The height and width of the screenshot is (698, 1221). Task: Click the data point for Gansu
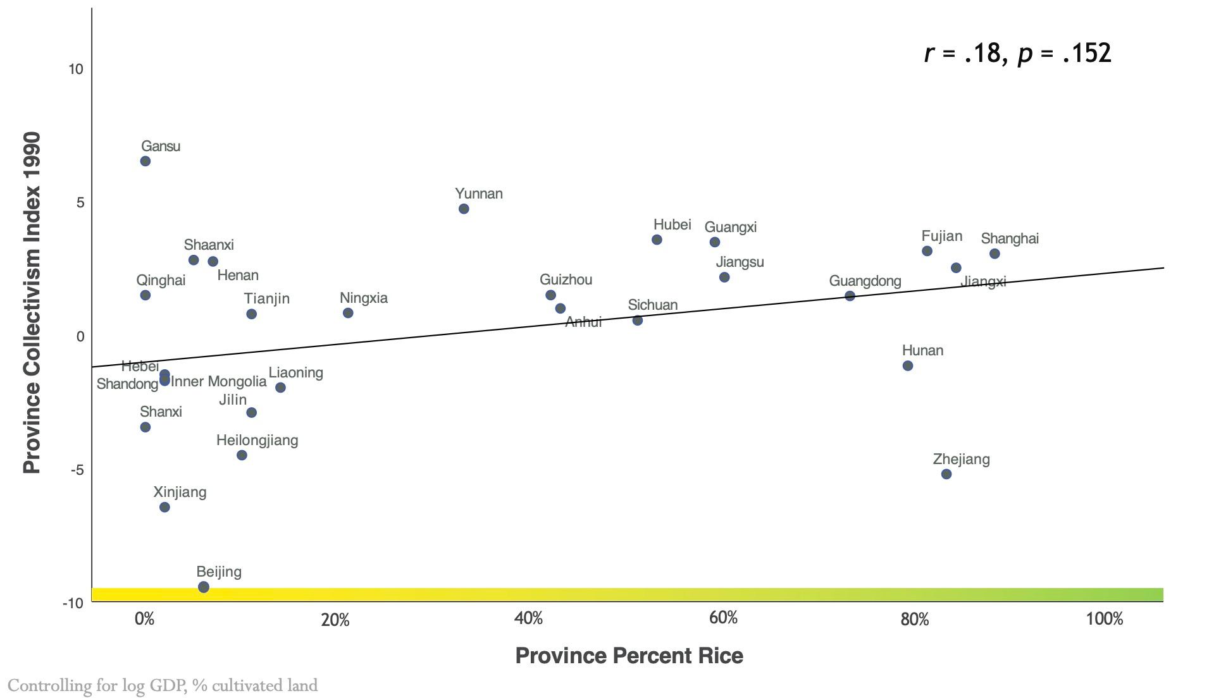click(x=145, y=161)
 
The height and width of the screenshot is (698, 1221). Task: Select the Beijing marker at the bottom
click(x=204, y=587)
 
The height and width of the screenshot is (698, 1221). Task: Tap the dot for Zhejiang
click(x=946, y=474)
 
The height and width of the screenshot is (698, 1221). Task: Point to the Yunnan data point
click(x=464, y=209)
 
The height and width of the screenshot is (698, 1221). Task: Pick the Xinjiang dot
click(x=164, y=507)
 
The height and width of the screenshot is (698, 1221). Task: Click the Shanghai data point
click(x=995, y=254)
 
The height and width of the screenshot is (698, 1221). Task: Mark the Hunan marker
click(x=908, y=365)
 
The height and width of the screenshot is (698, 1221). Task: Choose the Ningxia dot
click(x=348, y=313)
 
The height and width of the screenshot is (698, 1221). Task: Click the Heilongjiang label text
click(x=257, y=440)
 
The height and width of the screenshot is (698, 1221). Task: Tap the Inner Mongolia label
click(x=219, y=381)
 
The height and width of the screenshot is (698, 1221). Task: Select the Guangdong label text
click(x=865, y=281)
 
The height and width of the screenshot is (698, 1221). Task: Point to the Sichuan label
click(x=652, y=305)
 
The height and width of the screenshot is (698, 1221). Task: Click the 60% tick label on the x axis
click(x=723, y=618)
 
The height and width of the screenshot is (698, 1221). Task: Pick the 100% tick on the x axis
click(x=1105, y=618)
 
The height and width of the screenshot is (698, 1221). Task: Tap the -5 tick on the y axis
click(x=77, y=470)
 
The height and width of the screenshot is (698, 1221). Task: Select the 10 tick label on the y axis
click(x=76, y=69)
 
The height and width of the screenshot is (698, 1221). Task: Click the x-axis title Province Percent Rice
click(x=629, y=656)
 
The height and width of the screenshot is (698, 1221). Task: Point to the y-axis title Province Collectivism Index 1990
click(x=32, y=302)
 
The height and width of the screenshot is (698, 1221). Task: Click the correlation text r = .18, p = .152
click(x=1017, y=53)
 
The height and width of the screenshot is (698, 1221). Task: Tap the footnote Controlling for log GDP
click(x=163, y=685)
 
